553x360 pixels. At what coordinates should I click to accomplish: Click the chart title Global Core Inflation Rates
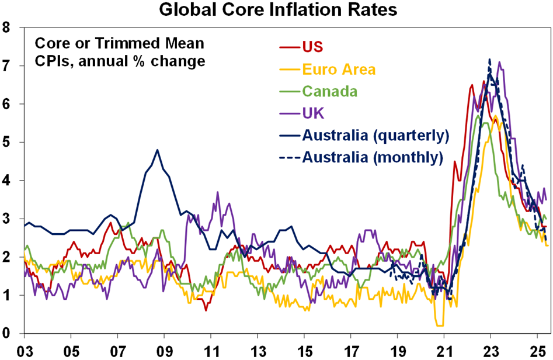[x=277, y=11]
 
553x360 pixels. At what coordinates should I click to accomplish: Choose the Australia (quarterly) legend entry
[x=375, y=136]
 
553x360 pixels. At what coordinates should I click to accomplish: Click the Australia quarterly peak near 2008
[x=157, y=150]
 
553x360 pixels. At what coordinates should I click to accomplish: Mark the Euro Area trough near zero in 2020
[x=439, y=326]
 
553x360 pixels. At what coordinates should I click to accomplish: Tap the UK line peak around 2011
[x=218, y=192]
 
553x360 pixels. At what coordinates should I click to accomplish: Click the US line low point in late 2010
[x=206, y=310]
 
